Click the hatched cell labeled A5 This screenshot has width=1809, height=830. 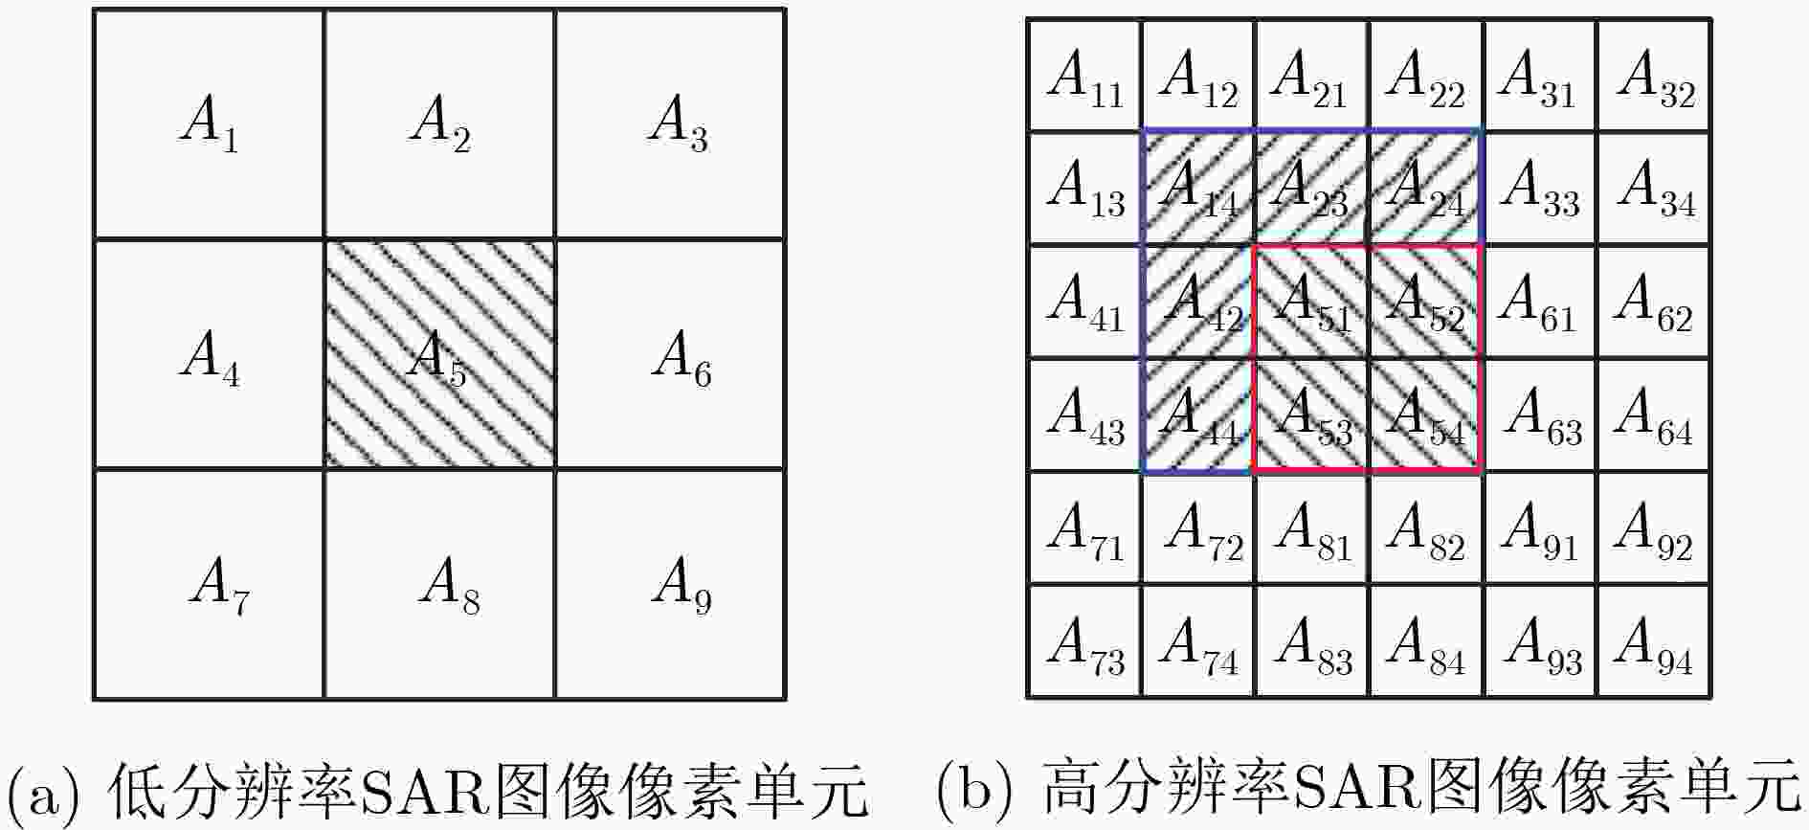tap(439, 353)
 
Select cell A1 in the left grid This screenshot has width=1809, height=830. tap(209, 123)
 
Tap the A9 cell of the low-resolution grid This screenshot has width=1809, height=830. tap(670, 584)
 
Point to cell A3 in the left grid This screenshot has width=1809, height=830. tap(670, 123)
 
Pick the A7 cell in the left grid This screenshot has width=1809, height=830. tap(209, 584)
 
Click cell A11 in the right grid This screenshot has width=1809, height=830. tap(1084, 75)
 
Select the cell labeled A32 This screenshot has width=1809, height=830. tap(1654, 75)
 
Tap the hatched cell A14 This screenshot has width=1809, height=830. tap(1198, 188)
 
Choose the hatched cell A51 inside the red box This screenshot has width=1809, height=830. tap(1312, 302)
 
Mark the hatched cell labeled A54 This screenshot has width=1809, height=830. tap(1426, 415)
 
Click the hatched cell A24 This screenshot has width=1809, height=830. tap(1426, 188)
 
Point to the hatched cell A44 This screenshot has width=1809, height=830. tap(1198, 415)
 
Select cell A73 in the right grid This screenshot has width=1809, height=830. tap(1084, 641)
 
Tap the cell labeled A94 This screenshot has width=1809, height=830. tap(1654, 641)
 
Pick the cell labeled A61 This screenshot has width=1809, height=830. tap(1540, 302)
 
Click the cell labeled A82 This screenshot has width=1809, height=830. tap(1426, 528)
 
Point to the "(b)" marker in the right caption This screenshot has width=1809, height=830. tap(972, 792)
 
